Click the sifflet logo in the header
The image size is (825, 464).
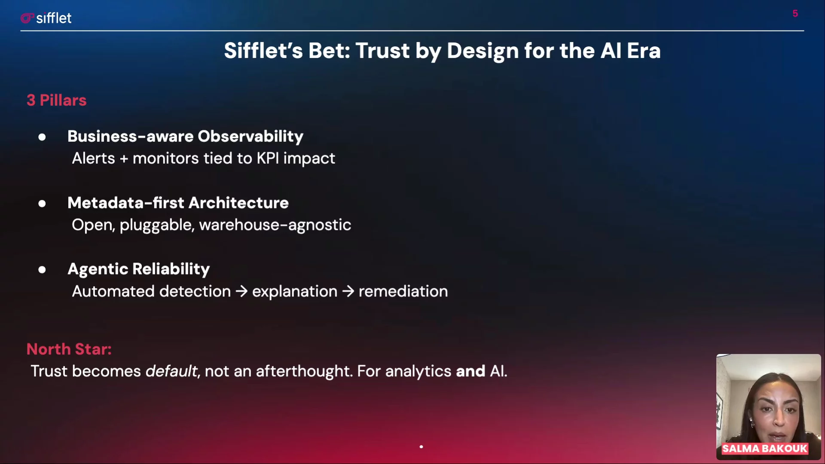[46, 18]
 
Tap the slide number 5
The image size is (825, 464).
[795, 14]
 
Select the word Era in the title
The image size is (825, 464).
[644, 51]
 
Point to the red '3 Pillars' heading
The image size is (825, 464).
[56, 100]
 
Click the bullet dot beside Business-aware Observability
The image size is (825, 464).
[42, 137]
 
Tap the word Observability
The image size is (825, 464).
[251, 136]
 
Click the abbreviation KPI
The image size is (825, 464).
[268, 158]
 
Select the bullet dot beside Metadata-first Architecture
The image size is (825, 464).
[42, 204]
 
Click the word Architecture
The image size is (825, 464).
[238, 203]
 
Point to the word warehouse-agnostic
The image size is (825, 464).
[275, 225]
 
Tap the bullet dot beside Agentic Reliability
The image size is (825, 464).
[42, 270]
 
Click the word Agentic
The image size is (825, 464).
[98, 269]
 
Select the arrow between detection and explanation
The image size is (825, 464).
[241, 291]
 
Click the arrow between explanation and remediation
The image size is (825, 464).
[348, 291]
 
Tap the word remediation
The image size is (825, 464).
[403, 291]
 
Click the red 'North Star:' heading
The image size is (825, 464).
[69, 349]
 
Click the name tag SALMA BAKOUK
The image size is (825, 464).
[765, 449]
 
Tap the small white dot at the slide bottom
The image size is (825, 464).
[421, 447]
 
